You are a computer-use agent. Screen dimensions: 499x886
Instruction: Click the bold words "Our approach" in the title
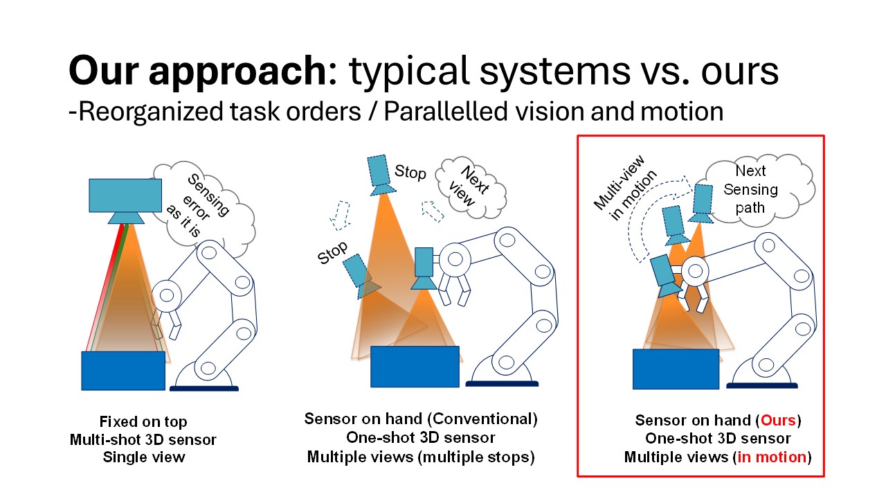coord(197,72)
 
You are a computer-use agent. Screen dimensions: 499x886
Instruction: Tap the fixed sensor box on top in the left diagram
coord(125,195)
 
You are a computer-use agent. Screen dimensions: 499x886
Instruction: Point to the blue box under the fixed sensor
coord(123,371)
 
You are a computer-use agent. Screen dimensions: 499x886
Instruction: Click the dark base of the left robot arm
coord(204,388)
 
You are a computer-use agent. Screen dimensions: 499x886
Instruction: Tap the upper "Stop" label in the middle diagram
coord(410,172)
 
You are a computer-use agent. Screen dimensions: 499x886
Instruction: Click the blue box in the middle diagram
coord(415,366)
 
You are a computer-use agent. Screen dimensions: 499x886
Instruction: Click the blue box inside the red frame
coord(676,369)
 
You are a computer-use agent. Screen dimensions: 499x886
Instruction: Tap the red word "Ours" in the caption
coord(777,420)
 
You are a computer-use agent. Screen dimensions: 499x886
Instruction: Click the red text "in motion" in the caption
coord(771,457)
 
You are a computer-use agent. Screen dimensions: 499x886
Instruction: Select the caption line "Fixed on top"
coord(143,421)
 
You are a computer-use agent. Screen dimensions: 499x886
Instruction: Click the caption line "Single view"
coord(144,457)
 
